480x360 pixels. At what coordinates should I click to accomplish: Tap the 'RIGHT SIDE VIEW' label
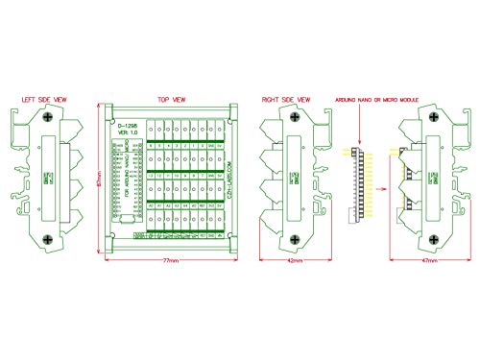285,98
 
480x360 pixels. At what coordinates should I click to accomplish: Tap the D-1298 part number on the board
126,125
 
